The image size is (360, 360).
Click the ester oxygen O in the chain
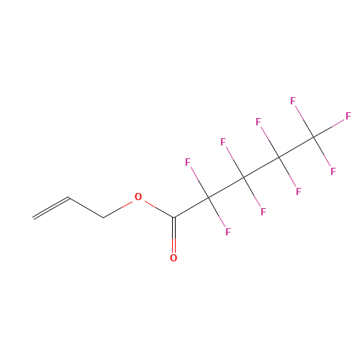coord(138,197)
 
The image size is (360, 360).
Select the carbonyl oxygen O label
coord(174,258)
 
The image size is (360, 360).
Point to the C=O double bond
coord(174,235)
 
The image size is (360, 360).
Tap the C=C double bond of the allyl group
coord(51,208)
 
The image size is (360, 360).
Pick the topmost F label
coord(293,101)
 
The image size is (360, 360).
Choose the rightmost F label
coord(348,116)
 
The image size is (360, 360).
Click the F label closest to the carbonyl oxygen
coord(228,232)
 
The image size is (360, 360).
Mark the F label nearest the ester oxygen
coord(188,162)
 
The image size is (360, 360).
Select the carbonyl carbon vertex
coord(174,217)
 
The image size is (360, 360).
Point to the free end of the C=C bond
coord(33,218)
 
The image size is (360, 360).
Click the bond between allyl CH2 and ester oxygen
coord(117,210)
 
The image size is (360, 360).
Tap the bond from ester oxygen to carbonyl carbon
coord(159,210)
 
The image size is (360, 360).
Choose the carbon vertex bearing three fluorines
coord(314,137)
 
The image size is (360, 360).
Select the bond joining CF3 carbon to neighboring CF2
coord(296,147)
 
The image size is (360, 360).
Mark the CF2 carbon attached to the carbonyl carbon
coord(208,197)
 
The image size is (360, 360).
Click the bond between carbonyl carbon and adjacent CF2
coord(191,207)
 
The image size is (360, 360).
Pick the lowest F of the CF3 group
coord(333,171)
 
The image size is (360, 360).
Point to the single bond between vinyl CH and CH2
coord(86,207)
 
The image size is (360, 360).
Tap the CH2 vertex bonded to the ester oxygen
coord(104,217)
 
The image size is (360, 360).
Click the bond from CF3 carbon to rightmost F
coord(329,128)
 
